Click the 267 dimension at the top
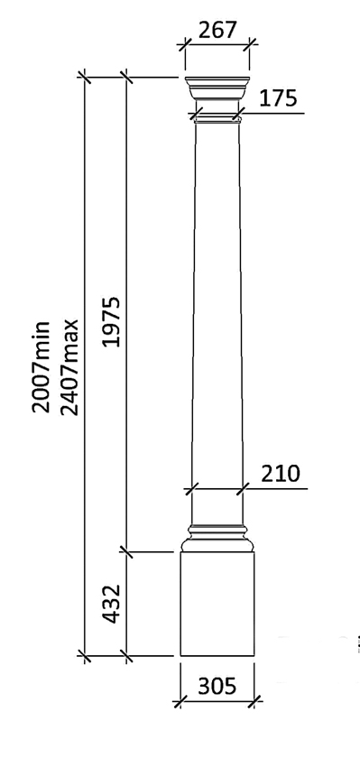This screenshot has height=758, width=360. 217,29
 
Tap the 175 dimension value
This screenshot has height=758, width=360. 278,99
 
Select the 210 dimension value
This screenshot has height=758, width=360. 281,473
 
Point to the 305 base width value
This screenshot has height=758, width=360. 217,687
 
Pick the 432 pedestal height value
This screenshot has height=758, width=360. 110,603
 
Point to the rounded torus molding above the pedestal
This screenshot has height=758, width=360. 217,543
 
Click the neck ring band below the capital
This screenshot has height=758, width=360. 217,116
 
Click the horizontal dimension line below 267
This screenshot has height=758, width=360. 217,42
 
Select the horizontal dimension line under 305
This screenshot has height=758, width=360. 217,698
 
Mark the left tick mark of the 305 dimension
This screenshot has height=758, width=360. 180,698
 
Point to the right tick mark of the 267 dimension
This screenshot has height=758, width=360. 249,42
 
